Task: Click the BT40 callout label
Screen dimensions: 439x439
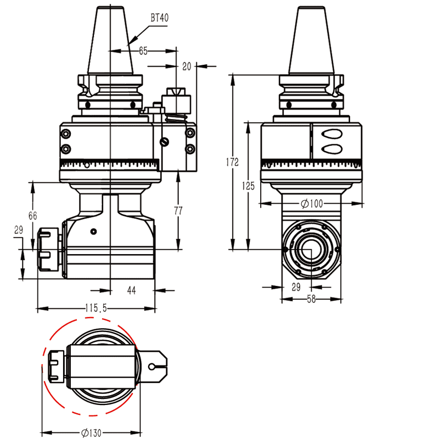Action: click(159, 18)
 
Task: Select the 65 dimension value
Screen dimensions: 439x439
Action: click(143, 51)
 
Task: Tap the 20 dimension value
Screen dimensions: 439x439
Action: click(187, 66)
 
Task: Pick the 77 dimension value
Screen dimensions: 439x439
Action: click(178, 210)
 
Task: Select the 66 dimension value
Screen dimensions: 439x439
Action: click(33, 216)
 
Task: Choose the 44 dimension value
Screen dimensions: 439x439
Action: click(132, 290)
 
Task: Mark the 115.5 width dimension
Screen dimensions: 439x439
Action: click(96, 309)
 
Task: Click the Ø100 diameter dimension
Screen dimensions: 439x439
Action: click(311, 204)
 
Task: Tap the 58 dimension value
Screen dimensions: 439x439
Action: click(311, 299)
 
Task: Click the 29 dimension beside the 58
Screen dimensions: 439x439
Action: click(296, 287)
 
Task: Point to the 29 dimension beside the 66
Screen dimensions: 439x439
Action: click(18, 230)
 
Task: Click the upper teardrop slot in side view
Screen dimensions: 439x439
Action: click(331, 133)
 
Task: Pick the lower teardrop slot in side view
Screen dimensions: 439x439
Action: click(331, 148)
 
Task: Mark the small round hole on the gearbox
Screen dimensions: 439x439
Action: click(94, 230)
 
